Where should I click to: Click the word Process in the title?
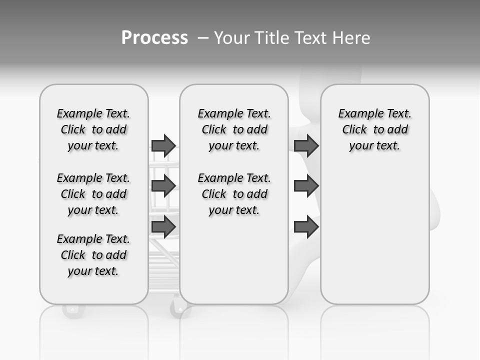click(154, 37)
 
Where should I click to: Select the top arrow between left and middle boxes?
click(163, 145)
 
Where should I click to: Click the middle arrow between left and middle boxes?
click(163, 185)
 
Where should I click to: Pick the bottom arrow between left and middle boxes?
click(163, 226)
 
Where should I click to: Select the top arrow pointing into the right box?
click(306, 145)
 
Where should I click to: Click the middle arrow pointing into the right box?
click(306, 185)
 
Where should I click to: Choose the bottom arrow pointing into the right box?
click(306, 227)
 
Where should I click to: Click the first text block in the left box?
click(93, 129)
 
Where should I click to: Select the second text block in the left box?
click(93, 194)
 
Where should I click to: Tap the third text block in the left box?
click(93, 255)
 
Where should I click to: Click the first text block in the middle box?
click(234, 129)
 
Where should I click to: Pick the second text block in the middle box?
click(234, 194)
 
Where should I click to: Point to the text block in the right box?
click(374, 129)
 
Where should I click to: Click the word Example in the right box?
click(356, 114)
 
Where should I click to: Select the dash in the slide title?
click(203, 37)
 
